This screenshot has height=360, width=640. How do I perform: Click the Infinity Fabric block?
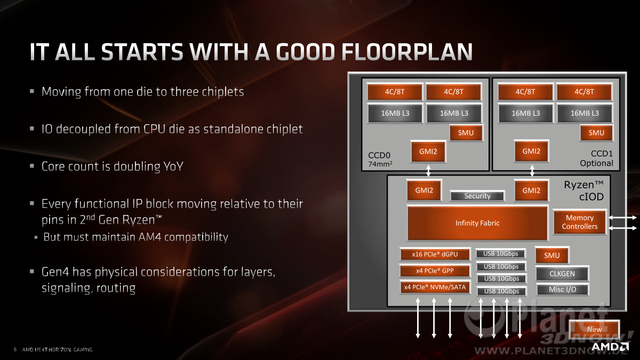pyautogui.click(x=477, y=223)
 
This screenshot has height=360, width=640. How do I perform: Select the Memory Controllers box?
pyautogui.click(x=580, y=222)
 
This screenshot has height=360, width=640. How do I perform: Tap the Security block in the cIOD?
pyautogui.click(x=477, y=196)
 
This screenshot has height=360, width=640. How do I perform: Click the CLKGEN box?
pyautogui.click(x=562, y=274)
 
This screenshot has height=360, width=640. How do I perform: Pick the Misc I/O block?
pyautogui.click(x=562, y=290)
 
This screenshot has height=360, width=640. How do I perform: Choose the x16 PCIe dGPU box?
pyautogui.click(x=435, y=254)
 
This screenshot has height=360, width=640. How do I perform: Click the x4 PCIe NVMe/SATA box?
pyautogui.click(x=435, y=287)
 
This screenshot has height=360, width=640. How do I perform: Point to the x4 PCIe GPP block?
pyautogui.click(x=435, y=270)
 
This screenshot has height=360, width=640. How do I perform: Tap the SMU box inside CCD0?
pyautogui.click(x=466, y=133)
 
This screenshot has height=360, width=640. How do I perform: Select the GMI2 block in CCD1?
pyautogui.click(x=531, y=151)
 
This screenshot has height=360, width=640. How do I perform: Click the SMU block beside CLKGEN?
pyautogui.click(x=552, y=255)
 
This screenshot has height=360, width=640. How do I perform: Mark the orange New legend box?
pyautogui.click(x=594, y=330)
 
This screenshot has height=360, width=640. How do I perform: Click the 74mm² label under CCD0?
pyautogui.click(x=380, y=164)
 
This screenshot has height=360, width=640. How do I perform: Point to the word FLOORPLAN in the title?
pyautogui.click(x=407, y=52)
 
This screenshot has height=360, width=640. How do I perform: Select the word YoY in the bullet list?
pyautogui.click(x=173, y=166)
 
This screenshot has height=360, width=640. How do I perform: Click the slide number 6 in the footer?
pyautogui.click(x=15, y=349)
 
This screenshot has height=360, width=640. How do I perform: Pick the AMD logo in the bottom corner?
pyautogui.click(x=610, y=347)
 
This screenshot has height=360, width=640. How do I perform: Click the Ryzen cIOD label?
pyautogui.click(x=583, y=190)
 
